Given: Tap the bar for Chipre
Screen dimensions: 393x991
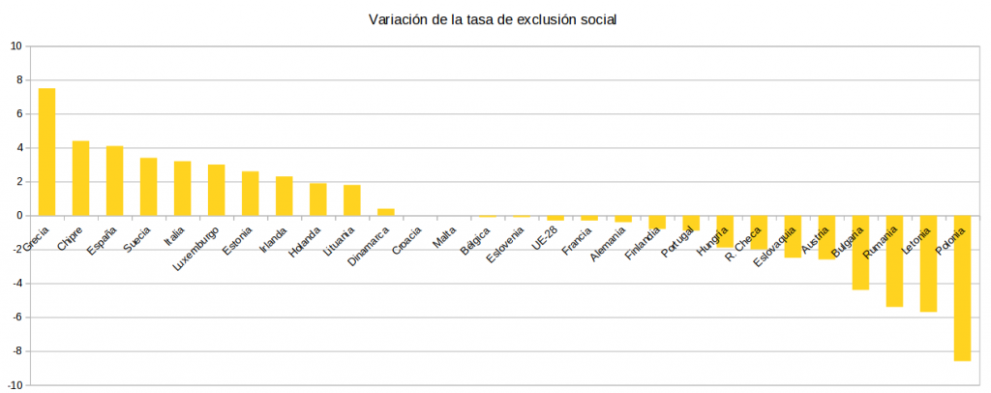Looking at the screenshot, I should pyautogui.click(x=80, y=178).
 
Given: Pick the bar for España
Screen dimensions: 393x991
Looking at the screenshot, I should pyautogui.click(x=114, y=181).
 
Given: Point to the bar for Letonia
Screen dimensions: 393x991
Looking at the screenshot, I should pyautogui.click(x=928, y=263).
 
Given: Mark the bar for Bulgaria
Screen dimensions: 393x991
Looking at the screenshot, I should pyautogui.click(x=860, y=253).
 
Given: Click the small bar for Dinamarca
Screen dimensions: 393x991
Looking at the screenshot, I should pyautogui.click(x=385, y=212).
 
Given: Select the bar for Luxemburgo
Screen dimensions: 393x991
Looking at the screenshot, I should pyautogui.click(x=216, y=190).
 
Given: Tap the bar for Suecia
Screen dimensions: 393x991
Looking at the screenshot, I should pyautogui.click(x=148, y=187).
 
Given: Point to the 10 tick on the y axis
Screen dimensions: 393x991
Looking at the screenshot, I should pyautogui.click(x=15, y=45).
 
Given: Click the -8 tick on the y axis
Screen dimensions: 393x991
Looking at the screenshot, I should pyautogui.click(x=15, y=351).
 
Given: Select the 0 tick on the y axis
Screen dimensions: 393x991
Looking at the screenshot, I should pyautogui.click(x=18, y=216).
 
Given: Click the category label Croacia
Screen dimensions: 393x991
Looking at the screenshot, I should pyautogui.click(x=406, y=240).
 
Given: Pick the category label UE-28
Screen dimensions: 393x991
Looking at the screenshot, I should pyautogui.click(x=544, y=238).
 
